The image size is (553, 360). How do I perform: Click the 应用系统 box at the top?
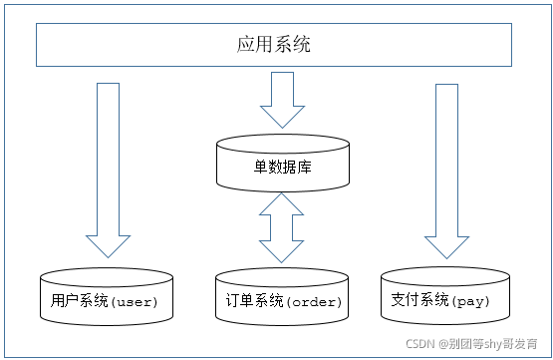click(x=276, y=45)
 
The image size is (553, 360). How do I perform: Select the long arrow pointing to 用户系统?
click(x=108, y=170)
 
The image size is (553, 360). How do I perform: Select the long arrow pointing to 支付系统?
click(x=446, y=170)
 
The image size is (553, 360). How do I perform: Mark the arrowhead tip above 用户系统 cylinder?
click(x=108, y=257)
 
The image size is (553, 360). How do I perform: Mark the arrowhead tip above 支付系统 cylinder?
click(x=446, y=257)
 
